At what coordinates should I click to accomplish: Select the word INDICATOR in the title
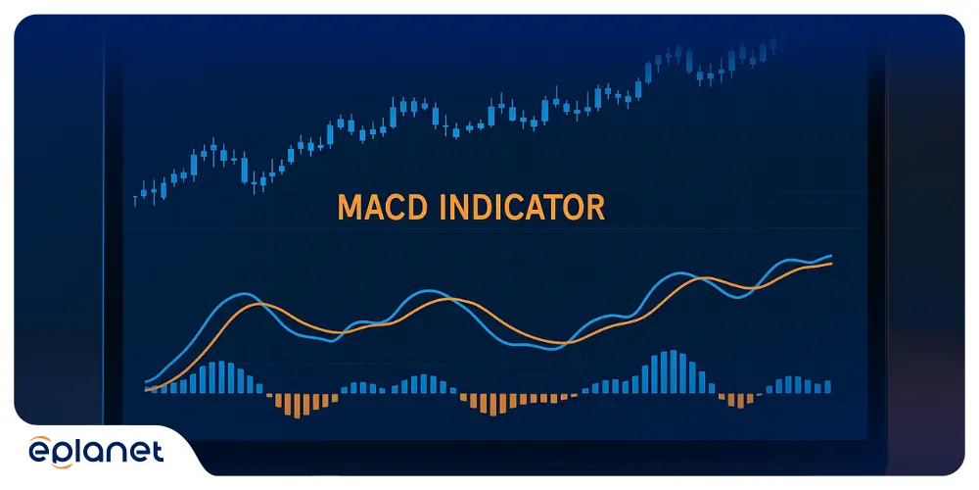(523, 208)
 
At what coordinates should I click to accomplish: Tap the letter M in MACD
(350, 208)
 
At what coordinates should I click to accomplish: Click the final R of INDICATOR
(595, 208)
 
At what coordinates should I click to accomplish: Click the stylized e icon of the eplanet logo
(40, 451)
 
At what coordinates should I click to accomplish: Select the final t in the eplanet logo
(158, 451)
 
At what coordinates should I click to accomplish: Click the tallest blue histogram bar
(674, 371)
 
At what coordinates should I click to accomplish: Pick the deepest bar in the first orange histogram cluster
(298, 406)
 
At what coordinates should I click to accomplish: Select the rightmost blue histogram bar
(828, 387)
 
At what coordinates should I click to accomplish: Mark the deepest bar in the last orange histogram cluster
(740, 401)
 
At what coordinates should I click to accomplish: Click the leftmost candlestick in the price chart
(135, 201)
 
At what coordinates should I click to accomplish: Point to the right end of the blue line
(831, 256)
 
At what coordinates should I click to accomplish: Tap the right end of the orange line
(831, 264)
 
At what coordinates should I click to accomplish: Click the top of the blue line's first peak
(248, 292)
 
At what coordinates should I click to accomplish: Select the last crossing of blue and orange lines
(757, 288)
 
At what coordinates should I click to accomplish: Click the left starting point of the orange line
(146, 389)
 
